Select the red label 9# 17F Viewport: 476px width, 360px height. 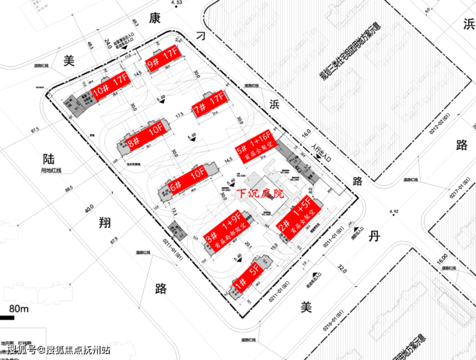(x=161, y=59)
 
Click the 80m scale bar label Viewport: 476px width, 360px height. (x=19, y=309)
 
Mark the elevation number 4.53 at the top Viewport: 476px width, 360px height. (x=178, y=3)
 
